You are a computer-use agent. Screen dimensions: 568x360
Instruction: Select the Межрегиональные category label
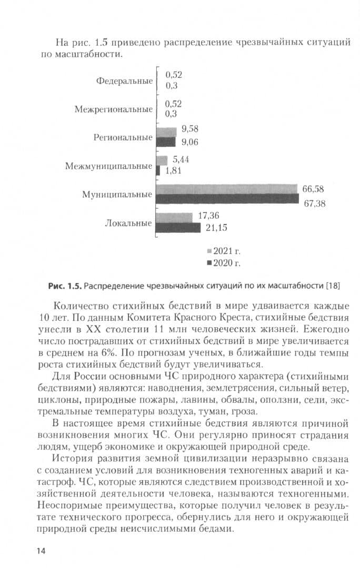pos(114,109)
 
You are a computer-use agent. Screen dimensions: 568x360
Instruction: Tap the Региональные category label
pos(123,138)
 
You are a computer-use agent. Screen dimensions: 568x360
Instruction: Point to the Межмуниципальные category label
pos(109,166)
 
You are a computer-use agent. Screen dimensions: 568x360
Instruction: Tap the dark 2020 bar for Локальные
pos(179,228)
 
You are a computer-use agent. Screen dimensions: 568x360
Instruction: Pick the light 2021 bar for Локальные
pos(175,217)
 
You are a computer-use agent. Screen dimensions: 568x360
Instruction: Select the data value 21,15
pos(216,228)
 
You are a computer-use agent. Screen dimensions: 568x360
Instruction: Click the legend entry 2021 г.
pos(223,251)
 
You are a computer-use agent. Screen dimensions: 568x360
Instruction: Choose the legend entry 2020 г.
pos(223,262)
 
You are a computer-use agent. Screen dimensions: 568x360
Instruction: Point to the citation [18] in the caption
pos(333,286)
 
